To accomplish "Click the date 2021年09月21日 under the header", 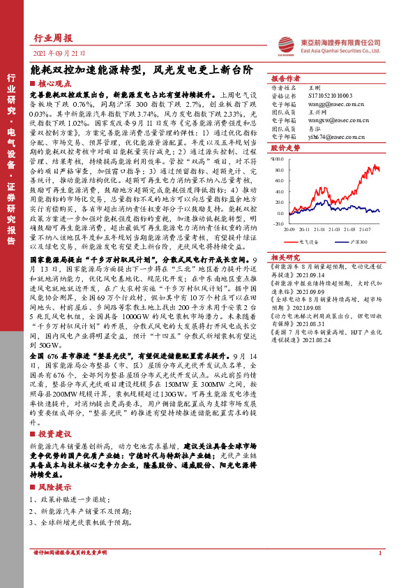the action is coord(59,52).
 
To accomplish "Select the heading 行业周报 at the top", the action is coord(53,38).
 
